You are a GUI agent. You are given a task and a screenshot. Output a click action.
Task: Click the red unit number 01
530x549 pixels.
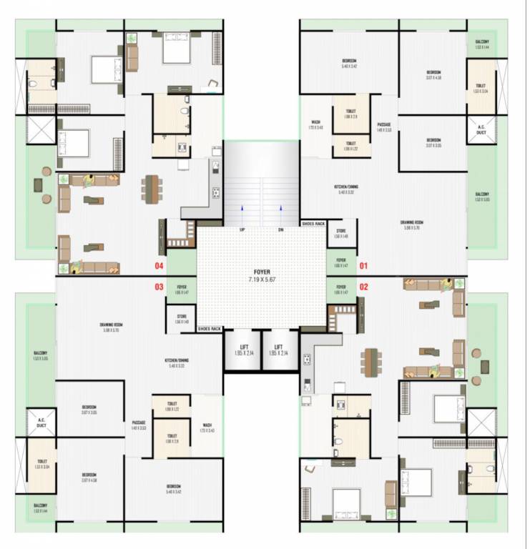pyautogui.click(x=363, y=266)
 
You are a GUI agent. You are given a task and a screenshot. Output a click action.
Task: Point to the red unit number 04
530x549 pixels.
pyautogui.click(x=160, y=266)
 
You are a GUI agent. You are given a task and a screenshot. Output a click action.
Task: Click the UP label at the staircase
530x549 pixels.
pyautogui.click(x=242, y=229)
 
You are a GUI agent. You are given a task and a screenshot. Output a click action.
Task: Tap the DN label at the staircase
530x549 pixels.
pyautogui.click(x=281, y=229)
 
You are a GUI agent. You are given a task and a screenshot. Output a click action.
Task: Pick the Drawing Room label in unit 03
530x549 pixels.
pyautogui.click(x=114, y=327)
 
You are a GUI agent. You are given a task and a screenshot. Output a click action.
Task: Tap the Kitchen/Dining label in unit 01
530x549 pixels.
pyautogui.click(x=346, y=189)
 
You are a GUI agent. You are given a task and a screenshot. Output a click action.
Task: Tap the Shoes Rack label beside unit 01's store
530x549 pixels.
pyautogui.click(x=313, y=224)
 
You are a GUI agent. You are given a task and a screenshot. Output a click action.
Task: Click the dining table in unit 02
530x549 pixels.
pyautogui.click(x=370, y=362)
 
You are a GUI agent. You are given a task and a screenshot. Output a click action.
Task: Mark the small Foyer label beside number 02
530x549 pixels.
pyautogui.click(x=341, y=290)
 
